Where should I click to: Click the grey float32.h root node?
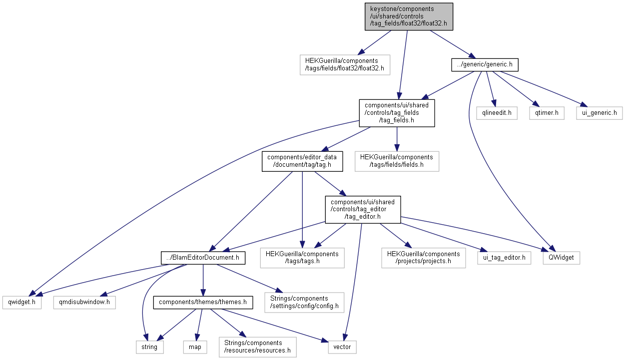click(x=409, y=16)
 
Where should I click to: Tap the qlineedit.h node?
click(x=496, y=113)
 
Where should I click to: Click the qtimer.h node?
click(x=547, y=113)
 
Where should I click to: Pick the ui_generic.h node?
click(x=600, y=113)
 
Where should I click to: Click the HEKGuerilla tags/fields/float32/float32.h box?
click(x=344, y=65)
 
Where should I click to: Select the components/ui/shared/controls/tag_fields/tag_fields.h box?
click(x=397, y=113)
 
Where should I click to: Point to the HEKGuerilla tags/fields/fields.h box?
click(x=397, y=161)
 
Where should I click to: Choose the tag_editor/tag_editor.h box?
click(x=363, y=209)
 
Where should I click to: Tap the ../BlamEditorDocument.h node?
click(x=203, y=258)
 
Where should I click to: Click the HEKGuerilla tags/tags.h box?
click(x=302, y=258)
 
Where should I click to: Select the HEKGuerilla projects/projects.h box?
click(x=424, y=258)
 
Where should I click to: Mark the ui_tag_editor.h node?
click(x=504, y=258)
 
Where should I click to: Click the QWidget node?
click(x=562, y=258)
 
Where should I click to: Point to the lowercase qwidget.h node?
click(x=21, y=303)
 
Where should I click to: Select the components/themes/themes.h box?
click(x=203, y=303)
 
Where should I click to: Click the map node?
click(x=195, y=347)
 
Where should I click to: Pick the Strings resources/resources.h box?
click(x=257, y=347)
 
